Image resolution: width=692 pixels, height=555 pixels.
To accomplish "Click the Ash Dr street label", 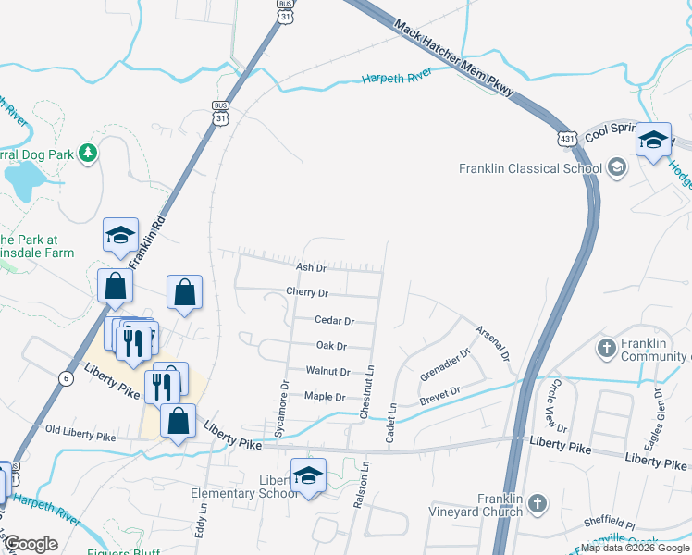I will (311, 268).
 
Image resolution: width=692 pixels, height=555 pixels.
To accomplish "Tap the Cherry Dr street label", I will (308, 293).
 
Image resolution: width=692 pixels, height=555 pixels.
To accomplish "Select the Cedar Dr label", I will (335, 321).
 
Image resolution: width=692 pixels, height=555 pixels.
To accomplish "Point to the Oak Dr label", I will (331, 346).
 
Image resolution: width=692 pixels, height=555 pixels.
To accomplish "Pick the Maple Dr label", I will (325, 397).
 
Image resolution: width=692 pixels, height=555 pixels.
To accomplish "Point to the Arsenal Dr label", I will (492, 341).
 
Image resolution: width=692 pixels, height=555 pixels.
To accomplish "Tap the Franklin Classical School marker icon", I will (617, 168).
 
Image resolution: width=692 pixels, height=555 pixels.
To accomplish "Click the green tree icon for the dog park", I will (88, 152).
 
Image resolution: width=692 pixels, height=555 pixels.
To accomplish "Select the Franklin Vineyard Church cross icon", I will (538, 504).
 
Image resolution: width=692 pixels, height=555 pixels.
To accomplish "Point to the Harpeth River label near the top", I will (397, 80).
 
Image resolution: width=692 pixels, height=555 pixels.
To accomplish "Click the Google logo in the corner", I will (31, 544).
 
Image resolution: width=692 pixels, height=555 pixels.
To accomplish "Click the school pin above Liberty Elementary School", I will (309, 476).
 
